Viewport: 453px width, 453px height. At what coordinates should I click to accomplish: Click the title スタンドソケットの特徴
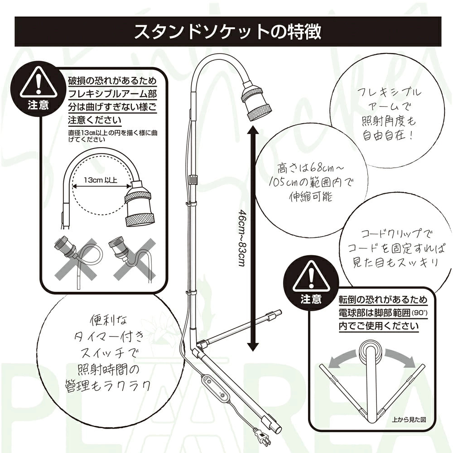coord(227,32)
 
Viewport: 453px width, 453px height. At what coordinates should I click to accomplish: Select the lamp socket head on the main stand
coord(256,100)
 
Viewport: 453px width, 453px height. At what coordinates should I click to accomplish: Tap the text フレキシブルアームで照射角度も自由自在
coord(389,114)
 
